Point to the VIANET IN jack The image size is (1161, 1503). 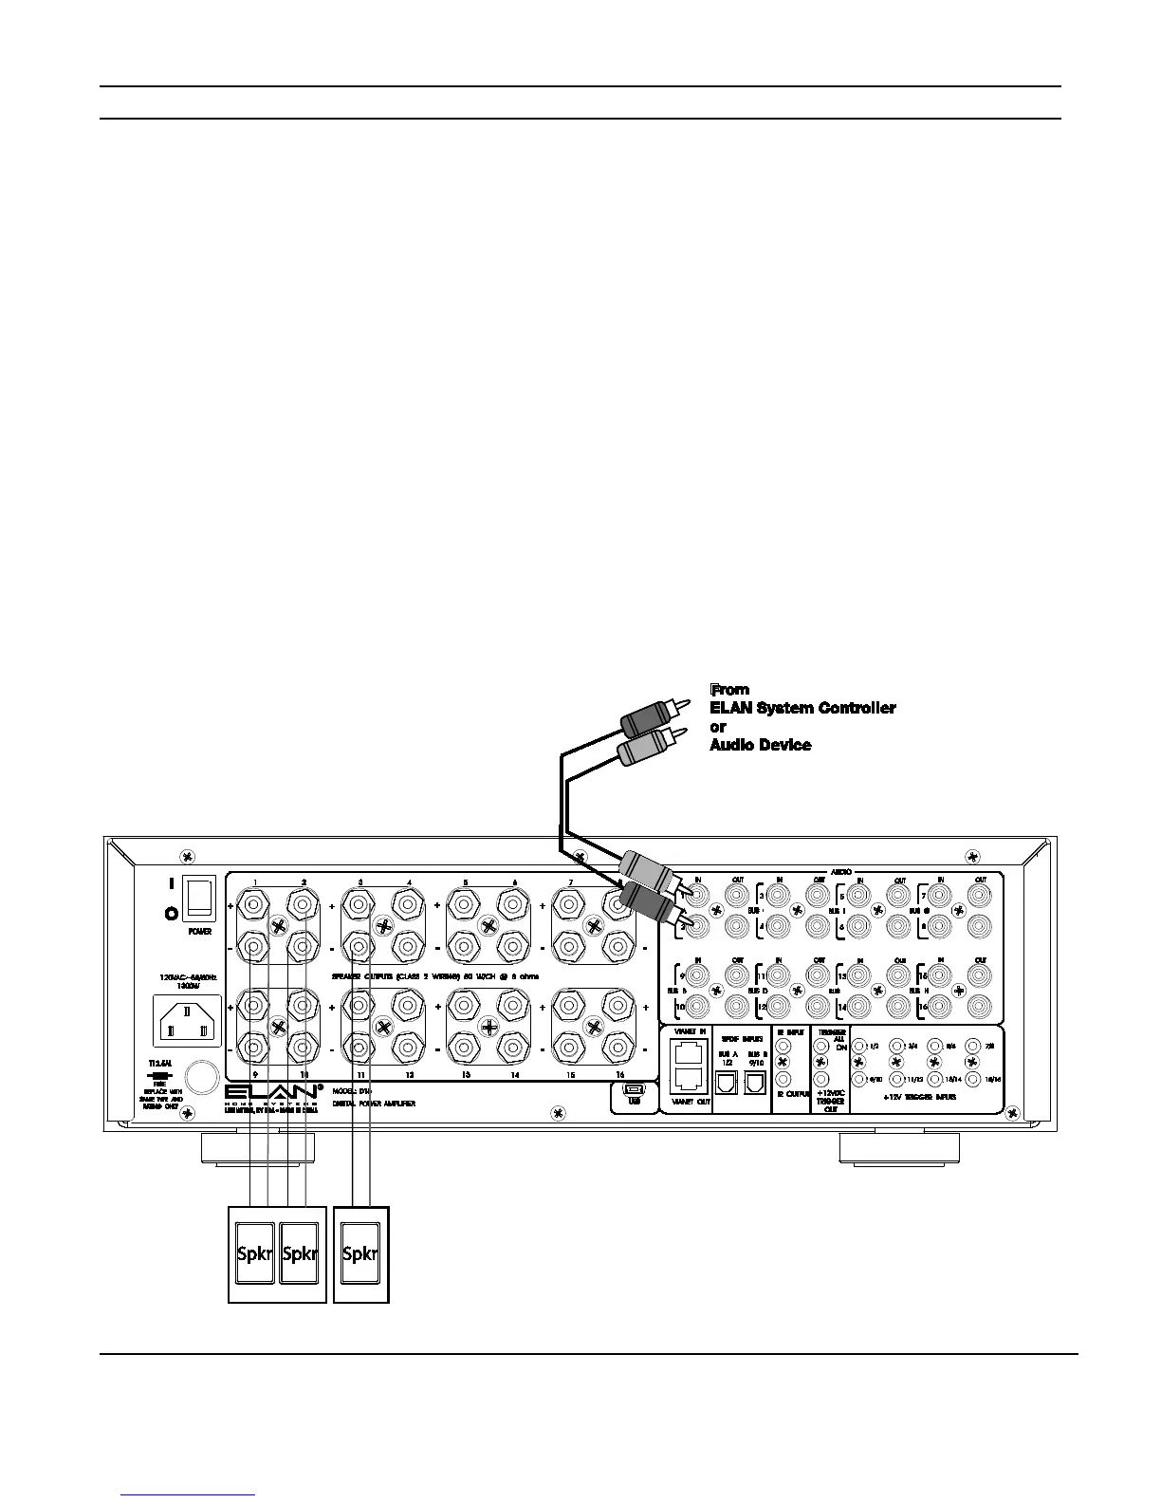click(x=690, y=1050)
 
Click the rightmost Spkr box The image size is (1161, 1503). click(x=359, y=1253)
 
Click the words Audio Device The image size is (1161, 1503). click(x=761, y=746)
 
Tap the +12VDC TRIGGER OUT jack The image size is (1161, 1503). click(x=821, y=1079)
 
